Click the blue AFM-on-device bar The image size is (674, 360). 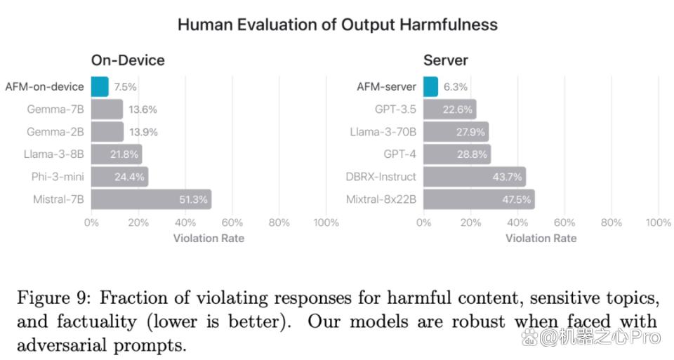tap(100, 87)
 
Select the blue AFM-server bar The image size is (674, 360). tap(430, 87)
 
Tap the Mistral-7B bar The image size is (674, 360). tap(152, 199)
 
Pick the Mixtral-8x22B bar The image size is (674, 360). tap(480, 199)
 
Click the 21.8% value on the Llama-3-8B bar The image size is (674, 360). tap(124, 154)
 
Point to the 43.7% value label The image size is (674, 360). tap(507, 177)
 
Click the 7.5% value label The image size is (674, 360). tap(125, 87)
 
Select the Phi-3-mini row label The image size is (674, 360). tap(58, 177)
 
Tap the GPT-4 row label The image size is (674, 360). tap(399, 154)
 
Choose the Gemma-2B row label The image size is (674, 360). tap(55, 132)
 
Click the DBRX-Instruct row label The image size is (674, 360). tap(381, 177)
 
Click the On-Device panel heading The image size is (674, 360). tap(128, 60)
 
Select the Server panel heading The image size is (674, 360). tap(446, 60)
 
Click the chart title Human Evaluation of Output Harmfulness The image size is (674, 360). tap(338, 25)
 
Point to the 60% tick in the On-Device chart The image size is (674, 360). tap(232, 222)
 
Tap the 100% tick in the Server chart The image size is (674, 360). tap(658, 222)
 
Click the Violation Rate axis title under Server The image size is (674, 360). tap(541, 239)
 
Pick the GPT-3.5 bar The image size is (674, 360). tap(449, 109)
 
